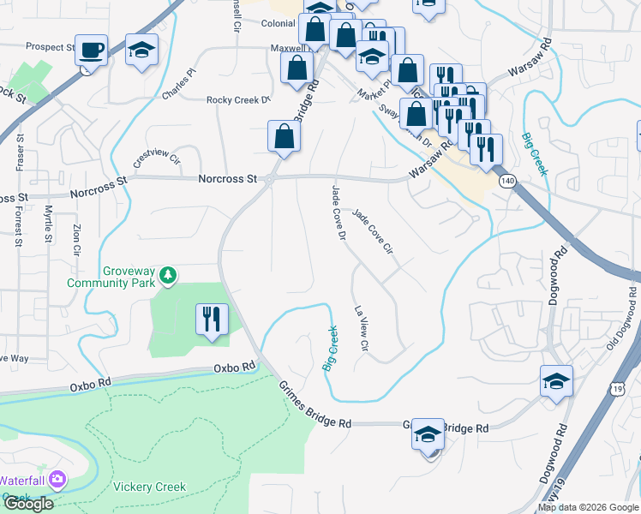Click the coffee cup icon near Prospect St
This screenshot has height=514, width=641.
coord(90,51)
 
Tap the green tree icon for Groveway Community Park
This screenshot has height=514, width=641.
coord(170,274)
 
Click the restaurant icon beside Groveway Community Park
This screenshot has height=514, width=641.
coord(210,320)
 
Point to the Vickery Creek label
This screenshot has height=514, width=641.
coord(149,487)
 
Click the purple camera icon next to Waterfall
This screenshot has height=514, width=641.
coord(57,479)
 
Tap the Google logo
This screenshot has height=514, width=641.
coord(28,504)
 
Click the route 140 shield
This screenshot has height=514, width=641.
coord(509,181)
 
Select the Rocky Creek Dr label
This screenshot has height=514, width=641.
coord(238,100)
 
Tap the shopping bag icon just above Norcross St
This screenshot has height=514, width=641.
coord(284,135)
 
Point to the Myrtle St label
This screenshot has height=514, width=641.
coord(49,223)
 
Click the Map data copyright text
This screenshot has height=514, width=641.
coord(588,507)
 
